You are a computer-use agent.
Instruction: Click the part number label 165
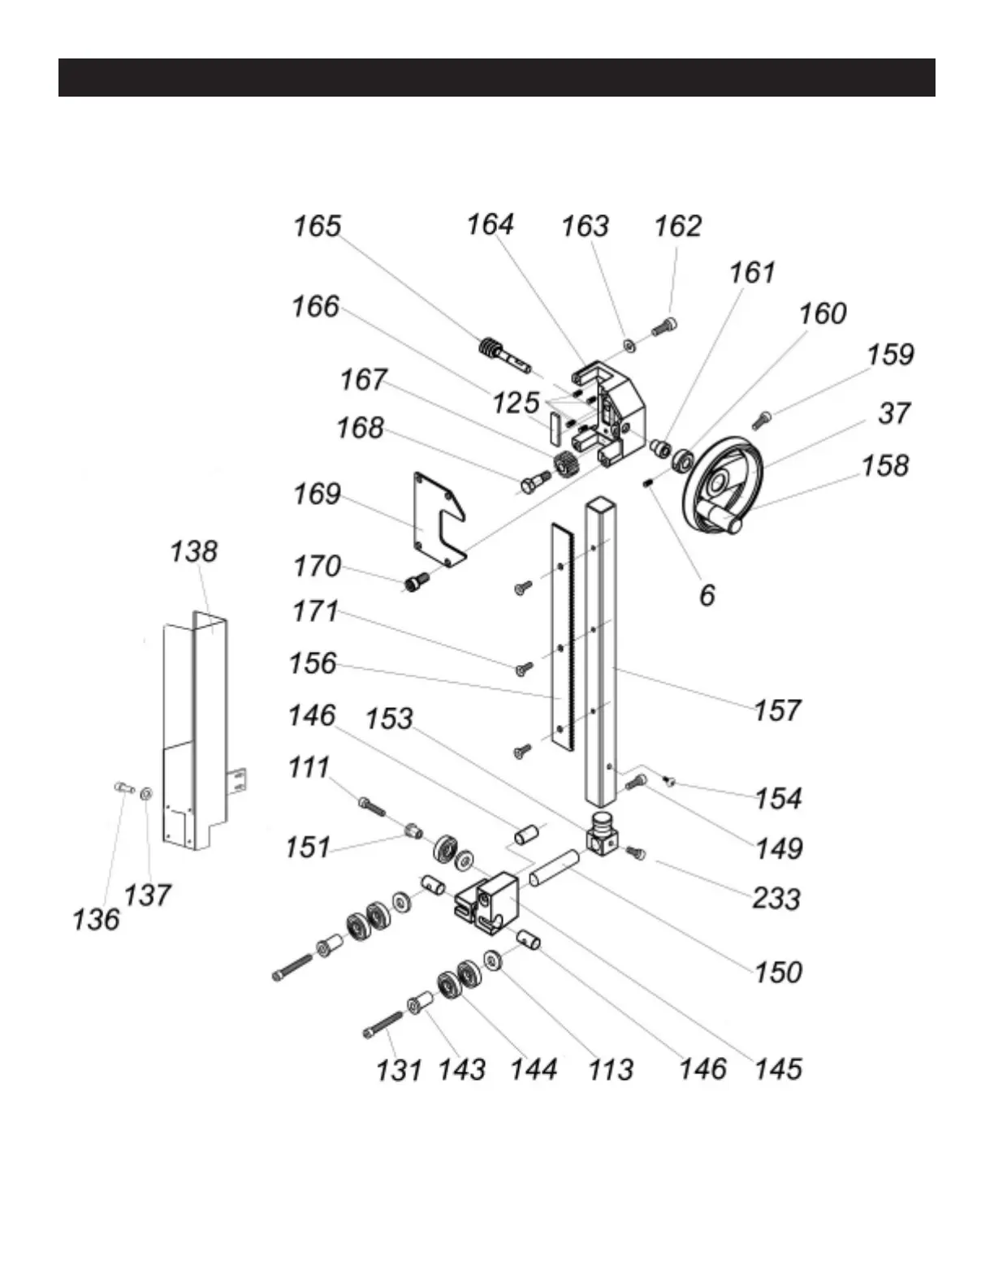pyautogui.click(x=318, y=226)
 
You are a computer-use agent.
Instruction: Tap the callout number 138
pyautogui.click(x=193, y=551)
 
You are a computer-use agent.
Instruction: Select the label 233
pyautogui.click(x=776, y=899)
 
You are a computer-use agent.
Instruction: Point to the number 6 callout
pyautogui.click(x=707, y=595)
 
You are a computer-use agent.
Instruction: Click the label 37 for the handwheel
pyautogui.click(x=894, y=413)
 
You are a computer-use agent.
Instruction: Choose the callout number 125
pyautogui.click(x=516, y=403)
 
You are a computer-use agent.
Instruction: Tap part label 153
pyautogui.click(x=389, y=719)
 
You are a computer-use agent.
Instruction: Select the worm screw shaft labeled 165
pyautogui.click(x=503, y=355)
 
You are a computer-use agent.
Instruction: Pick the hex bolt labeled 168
pyautogui.click(x=535, y=481)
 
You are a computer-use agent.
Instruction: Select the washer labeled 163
pyautogui.click(x=629, y=343)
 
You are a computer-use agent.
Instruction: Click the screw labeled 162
pyautogui.click(x=663, y=326)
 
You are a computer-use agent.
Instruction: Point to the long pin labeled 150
pyautogui.click(x=554, y=868)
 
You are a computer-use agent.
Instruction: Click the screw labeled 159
pyautogui.click(x=762, y=421)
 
